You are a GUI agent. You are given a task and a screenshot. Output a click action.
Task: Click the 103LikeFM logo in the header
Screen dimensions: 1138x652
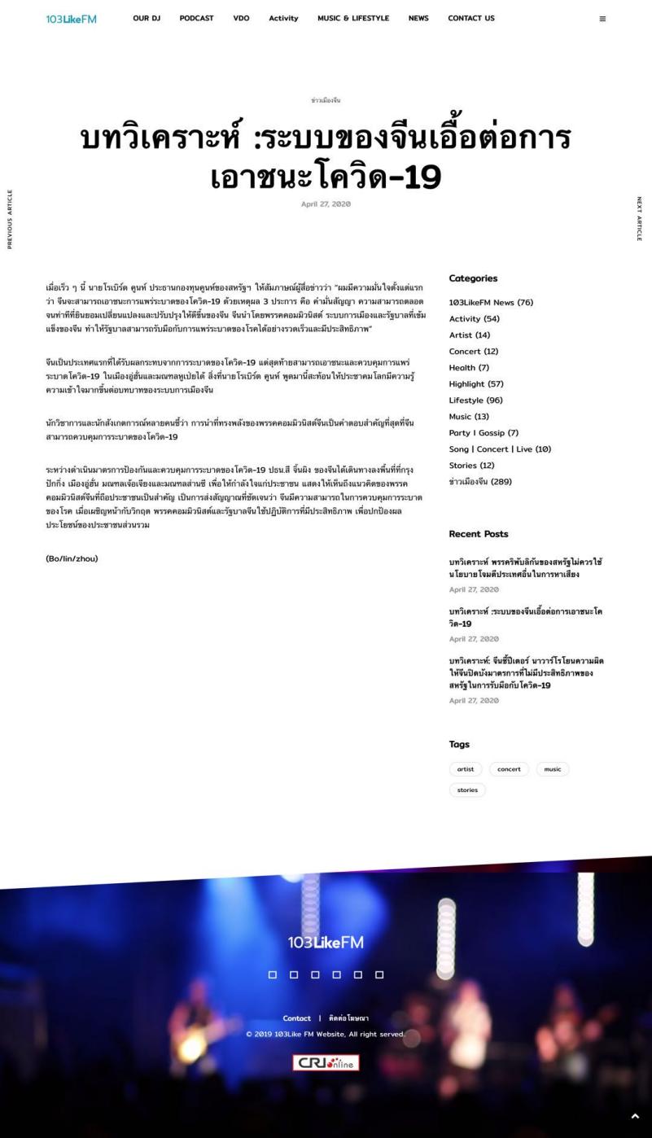[72, 19]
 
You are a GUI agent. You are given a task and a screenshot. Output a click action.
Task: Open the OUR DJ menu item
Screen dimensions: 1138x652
[147, 19]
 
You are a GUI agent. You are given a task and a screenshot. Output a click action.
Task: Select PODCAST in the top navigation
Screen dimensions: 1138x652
[196, 19]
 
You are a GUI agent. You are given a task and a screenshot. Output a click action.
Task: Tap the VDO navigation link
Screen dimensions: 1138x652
[241, 19]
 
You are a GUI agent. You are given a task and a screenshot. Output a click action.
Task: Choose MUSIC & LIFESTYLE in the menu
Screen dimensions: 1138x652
[353, 19]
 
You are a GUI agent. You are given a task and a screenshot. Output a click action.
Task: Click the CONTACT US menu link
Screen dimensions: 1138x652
[470, 19]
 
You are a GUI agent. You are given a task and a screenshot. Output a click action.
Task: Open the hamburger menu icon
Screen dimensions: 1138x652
[602, 19]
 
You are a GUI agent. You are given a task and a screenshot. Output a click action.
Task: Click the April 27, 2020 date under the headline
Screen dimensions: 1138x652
[326, 204]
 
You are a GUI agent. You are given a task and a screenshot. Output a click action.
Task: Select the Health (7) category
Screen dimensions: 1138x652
[469, 368]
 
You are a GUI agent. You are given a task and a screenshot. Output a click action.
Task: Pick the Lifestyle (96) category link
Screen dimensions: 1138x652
[477, 400]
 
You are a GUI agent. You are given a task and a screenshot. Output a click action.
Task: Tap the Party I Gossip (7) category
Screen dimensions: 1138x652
[484, 433]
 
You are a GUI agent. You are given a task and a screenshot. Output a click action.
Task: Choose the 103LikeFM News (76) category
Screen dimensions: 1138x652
[491, 303]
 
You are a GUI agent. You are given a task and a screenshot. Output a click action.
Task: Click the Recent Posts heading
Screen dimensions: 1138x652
[479, 534]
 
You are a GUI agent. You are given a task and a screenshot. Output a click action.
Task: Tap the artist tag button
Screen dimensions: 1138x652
[466, 769]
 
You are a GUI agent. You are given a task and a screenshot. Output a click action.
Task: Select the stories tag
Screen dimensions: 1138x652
[467, 790]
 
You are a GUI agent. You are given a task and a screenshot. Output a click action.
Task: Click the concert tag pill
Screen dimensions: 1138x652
[509, 769]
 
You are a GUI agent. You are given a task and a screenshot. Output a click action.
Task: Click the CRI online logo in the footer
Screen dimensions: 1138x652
[326, 1063]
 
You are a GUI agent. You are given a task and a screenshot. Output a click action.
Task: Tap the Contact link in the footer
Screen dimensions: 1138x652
[296, 1018]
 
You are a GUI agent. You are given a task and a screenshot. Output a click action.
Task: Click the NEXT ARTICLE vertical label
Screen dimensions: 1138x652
[639, 218]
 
